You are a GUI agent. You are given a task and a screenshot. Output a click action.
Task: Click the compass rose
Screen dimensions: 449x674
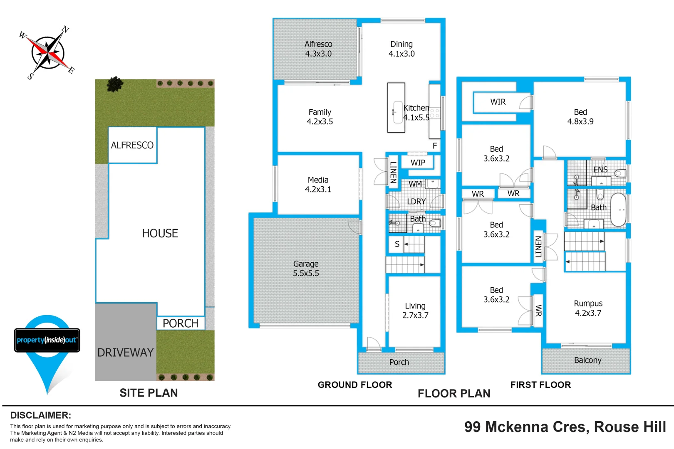tap(48, 53)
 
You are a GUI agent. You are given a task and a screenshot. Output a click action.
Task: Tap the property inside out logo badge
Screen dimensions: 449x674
tap(47, 340)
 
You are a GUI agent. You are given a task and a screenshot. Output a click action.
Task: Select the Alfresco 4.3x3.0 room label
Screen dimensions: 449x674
tap(318, 49)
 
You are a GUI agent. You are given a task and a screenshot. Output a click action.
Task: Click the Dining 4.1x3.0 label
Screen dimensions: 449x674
tap(401, 49)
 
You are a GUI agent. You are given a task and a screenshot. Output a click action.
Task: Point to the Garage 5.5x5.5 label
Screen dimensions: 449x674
tap(306, 269)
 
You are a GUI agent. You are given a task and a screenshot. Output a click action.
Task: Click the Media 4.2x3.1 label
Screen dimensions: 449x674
tap(318, 185)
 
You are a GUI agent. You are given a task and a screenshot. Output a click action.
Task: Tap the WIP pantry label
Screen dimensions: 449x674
tap(418, 163)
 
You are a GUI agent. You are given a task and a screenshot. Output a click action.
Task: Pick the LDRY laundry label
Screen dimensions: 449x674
tap(416, 201)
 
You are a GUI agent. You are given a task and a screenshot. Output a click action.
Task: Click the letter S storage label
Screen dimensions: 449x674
tap(397, 244)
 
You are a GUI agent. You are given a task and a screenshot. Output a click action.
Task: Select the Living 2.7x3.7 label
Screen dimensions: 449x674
tap(415, 311)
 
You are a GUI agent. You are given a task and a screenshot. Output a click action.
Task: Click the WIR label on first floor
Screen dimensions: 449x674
tap(498, 102)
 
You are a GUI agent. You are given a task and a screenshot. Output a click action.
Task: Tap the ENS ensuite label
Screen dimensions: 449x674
tap(600, 170)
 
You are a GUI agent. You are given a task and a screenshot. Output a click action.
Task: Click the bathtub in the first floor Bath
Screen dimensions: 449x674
tap(618, 210)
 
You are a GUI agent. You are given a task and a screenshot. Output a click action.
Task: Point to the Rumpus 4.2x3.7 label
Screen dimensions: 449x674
tap(588, 308)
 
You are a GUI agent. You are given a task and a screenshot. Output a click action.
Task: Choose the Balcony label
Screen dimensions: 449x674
tap(587, 360)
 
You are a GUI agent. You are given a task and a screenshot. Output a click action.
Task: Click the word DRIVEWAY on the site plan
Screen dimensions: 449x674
tap(125, 353)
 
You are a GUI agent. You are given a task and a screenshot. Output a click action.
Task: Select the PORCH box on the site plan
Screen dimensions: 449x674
tap(181, 323)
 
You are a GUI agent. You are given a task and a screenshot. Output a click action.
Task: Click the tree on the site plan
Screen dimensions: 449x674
tap(115, 84)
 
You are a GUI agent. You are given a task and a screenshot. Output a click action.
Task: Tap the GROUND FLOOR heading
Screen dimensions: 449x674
tap(354, 385)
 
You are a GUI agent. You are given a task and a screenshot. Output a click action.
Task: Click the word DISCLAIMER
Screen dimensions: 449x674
tap(40, 415)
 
